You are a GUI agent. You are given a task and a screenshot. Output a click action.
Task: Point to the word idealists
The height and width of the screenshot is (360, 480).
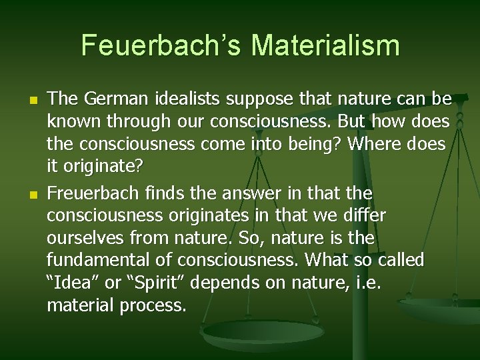coord(188,99)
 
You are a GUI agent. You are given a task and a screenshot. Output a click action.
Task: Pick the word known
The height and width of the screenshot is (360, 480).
coord(71,123)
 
